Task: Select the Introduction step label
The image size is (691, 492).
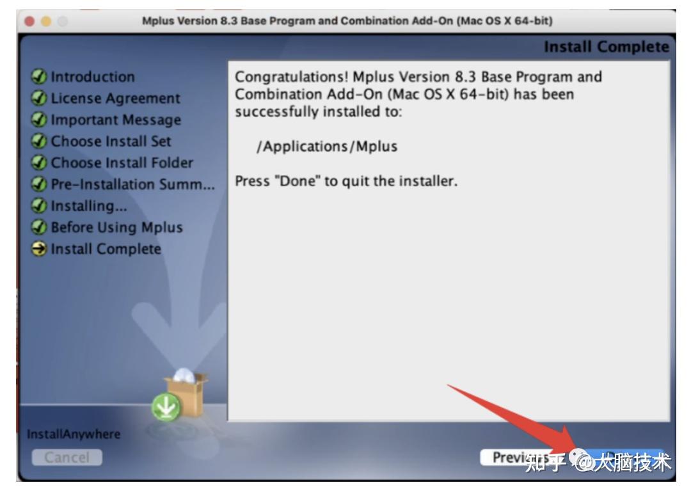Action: (x=93, y=77)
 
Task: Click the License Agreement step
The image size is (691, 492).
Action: (x=115, y=99)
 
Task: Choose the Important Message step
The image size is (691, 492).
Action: (x=116, y=120)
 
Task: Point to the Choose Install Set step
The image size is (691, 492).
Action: (x=111, y=141)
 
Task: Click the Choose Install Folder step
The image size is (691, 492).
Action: (x=122, y=163)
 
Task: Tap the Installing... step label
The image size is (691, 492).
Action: (x=89, y=205)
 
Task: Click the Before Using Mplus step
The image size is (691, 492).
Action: (x=116, y=227)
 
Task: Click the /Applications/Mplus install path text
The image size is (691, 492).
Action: (x=326, y=147)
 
